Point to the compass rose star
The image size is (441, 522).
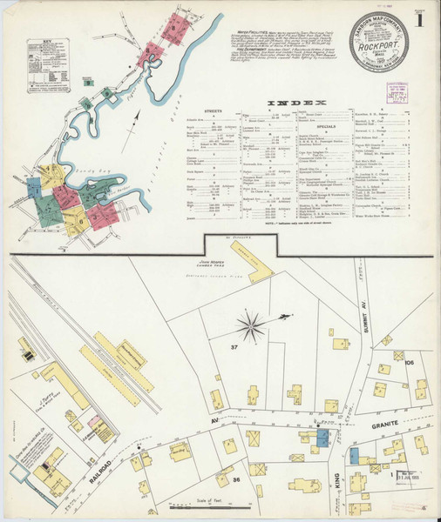coord(252,328)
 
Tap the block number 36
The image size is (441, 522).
coord(235,478)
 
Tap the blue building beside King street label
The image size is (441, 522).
coord(354,455)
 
